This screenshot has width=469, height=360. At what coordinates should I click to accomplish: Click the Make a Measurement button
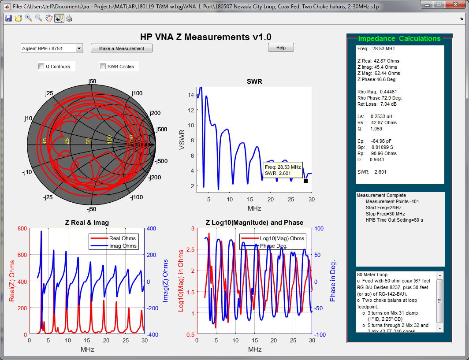tap(122, 48)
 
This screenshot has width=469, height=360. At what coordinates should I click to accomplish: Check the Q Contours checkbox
tap(41, 67)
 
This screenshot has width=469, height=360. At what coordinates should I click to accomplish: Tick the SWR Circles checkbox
tap(103, 67)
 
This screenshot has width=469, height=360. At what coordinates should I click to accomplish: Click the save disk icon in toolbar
tap(8, 18)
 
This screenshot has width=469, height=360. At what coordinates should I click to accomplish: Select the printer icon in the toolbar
tap(69, 18)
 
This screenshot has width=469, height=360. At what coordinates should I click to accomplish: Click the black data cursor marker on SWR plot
tap(305, 181)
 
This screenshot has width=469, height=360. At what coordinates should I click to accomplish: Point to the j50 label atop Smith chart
tap(92, 82)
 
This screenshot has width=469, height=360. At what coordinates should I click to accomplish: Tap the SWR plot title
tap(254, 82)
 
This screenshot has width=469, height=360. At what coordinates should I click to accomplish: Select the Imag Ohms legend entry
tap(123, 246)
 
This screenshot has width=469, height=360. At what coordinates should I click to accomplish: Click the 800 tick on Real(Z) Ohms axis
tap(21, 228)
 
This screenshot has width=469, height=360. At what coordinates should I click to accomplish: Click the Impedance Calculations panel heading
tap(399, 38)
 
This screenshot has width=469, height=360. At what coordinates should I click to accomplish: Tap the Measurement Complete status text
tap(381, 195)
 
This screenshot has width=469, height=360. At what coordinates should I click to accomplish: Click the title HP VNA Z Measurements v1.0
tap(205, 37)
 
